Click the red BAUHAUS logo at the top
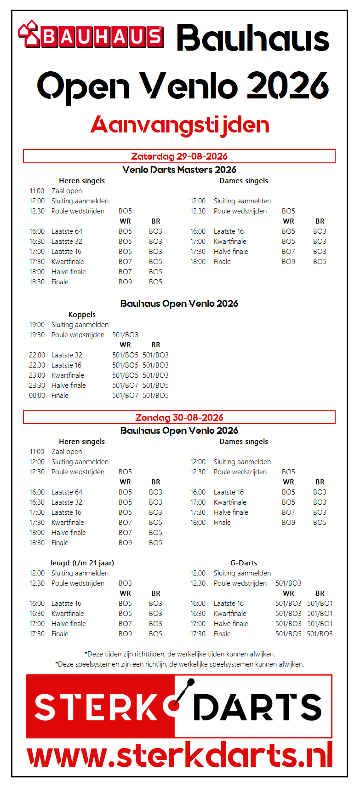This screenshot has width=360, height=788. pyautogui.click(x=91, y=35)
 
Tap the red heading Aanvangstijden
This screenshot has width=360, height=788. pyautogui.click(x=180, y=125)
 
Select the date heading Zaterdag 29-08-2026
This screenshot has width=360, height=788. pyautogui.click(x=179, y=156)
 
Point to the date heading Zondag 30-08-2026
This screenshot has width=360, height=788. pyautogui.click(x=179, y=418)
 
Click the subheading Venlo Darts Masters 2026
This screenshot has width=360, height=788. pyautogui.click(x=179, y=170)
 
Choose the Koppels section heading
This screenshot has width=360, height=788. pyautogui.click(x=82, y=315)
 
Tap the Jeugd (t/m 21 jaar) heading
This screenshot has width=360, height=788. pyautogui.click(x=82, y=563)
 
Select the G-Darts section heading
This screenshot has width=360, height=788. pyautogui.click(x=244, y=563)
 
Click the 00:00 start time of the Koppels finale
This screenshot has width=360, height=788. pyautogui.click(x=37, y=396)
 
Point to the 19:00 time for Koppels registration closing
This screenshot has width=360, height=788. pyautogui.click(x=37, y=325)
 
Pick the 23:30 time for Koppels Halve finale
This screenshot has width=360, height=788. pyautogui.click(x=37, y=385)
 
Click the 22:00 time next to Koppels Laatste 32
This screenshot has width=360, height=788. pyautogui.click(x=37, y=355)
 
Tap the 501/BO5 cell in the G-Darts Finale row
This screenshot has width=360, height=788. pyautogui.click(x=288, y=634)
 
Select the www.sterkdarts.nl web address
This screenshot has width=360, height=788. pyautogui.click(x=180, y=755)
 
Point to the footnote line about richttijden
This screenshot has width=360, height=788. pyautogui.click(x=180, y=654)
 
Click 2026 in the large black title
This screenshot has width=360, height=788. pyautogui.click(x=288, y=86)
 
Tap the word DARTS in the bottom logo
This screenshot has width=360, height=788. pyautogui.click(x=257, y=707)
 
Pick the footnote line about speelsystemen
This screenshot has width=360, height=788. pyautogui.click(x=180, y=664)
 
